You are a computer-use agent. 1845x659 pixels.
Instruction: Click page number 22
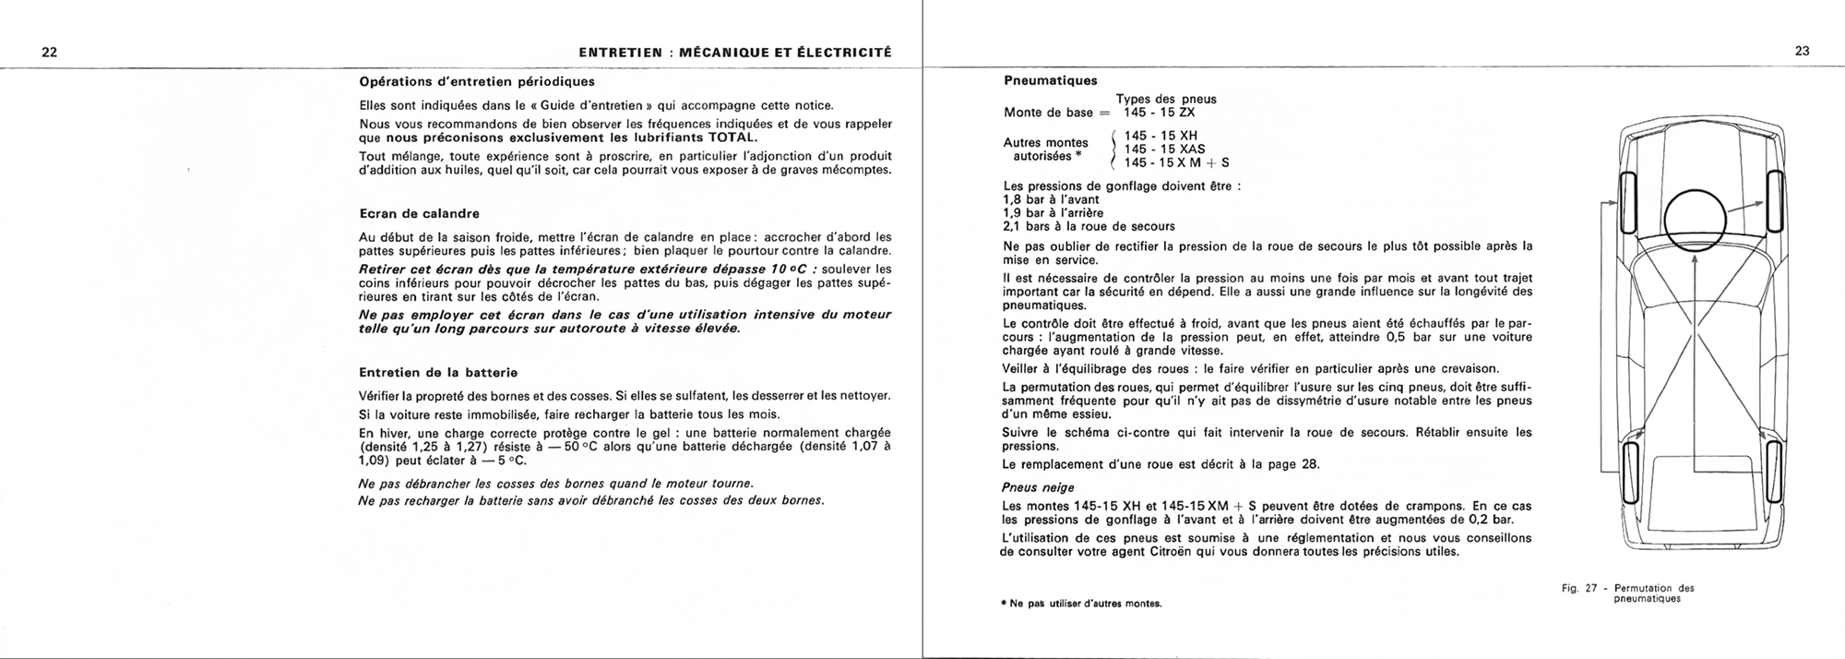(x=50, y=52)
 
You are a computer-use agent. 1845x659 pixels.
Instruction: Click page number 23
(x=1802, y=52)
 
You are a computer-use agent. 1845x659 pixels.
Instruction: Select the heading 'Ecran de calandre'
(x=419, y=214)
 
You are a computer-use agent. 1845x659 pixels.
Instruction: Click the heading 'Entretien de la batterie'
(x=438, y=373)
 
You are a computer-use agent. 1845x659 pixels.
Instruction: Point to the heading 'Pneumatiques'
(x=1050, y=80)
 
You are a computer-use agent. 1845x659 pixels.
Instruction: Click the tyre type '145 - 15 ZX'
(x=1159, y=113)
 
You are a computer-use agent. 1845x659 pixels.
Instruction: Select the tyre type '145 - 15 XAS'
(x=1164, y=150)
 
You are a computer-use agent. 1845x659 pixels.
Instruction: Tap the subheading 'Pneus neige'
(x=1038, y=487)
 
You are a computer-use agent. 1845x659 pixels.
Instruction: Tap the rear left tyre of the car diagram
(x=1630, y=472)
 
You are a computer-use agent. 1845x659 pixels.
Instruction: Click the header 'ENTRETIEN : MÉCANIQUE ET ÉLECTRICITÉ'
(x=734, y=52)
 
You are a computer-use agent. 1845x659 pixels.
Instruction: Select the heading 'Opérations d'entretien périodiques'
(x=476, y=80)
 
